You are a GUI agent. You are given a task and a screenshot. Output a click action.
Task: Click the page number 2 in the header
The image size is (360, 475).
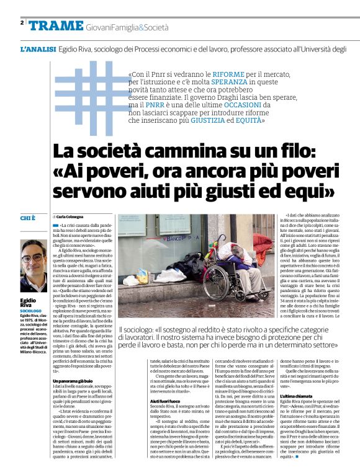tap(22, 23)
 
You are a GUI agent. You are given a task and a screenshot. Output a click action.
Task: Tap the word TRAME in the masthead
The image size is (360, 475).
tap(56, 25)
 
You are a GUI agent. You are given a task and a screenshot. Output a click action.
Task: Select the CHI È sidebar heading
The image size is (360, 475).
tap(29, 218)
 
